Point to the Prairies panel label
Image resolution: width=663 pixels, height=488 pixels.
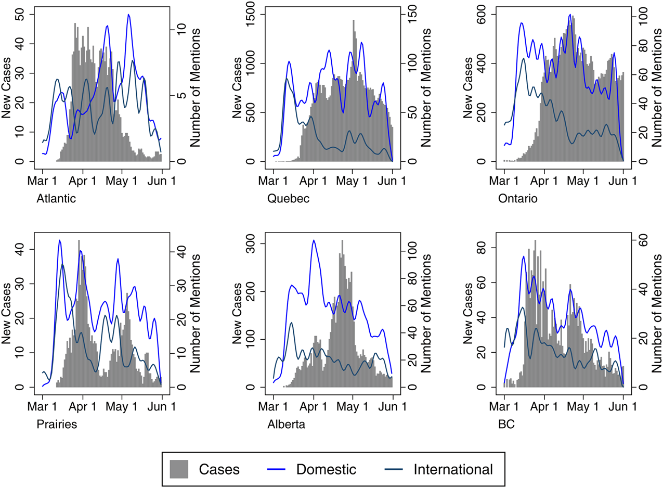tap(57, 424)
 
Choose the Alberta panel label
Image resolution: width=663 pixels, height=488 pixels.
tap(286, 424)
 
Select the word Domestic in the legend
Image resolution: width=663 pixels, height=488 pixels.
tap(326, 469)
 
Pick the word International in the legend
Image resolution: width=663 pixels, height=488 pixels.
tap(453, 469)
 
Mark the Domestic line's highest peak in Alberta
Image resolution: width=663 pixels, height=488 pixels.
tap(314, 240)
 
